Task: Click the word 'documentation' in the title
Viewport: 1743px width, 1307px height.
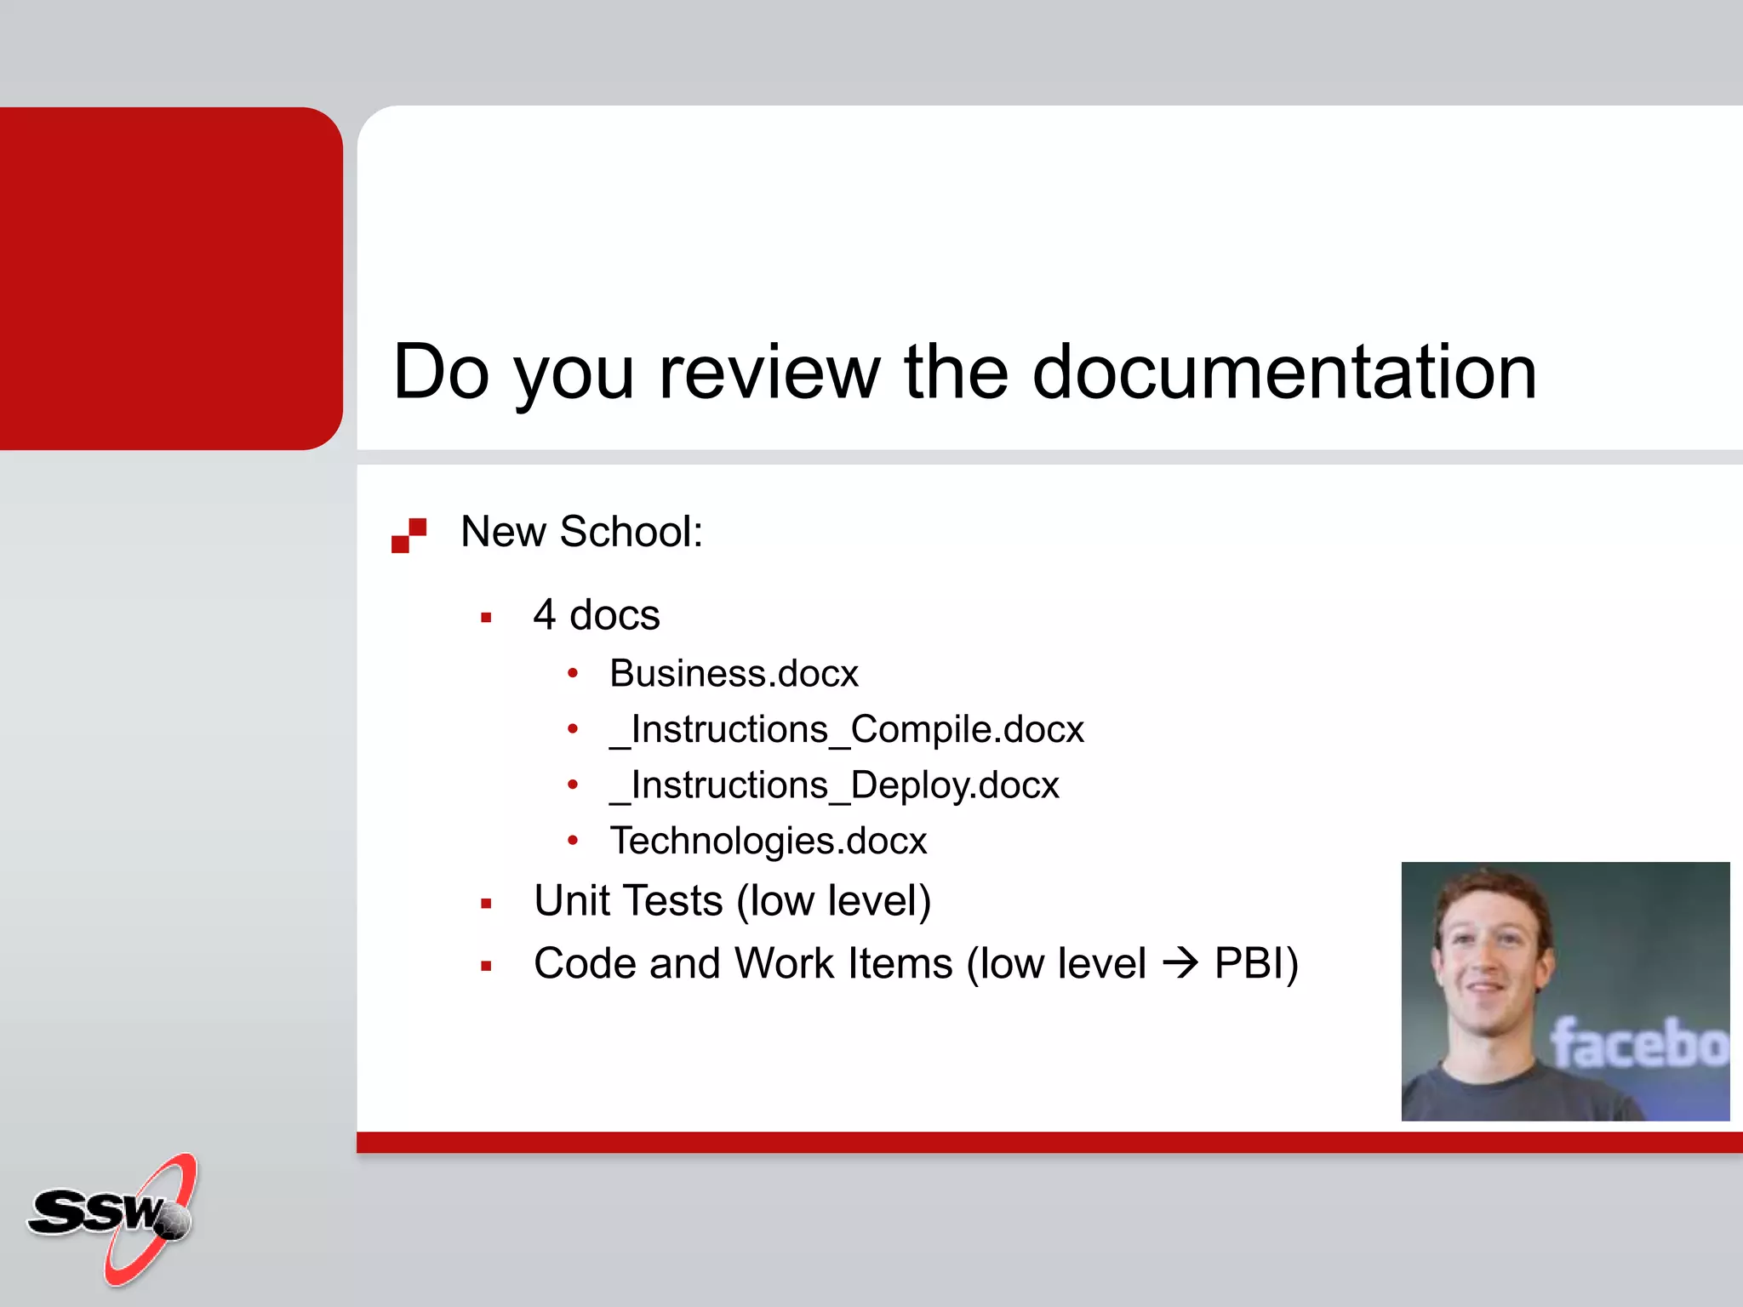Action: coord(1284,372)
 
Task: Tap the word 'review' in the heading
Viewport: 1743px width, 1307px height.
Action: coord(769,372)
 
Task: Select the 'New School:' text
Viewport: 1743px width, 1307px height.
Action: coord(581,532)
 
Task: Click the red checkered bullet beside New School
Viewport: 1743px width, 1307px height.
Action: coord(409,535)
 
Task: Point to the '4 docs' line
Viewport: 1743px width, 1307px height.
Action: coord(596,614)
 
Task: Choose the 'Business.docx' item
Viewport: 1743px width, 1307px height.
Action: coord(734,674)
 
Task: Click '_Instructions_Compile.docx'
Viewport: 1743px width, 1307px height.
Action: coord(847,729)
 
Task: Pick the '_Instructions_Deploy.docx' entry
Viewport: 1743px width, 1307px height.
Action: coord(834,785)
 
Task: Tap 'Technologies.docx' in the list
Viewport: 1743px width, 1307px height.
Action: coord(768,841)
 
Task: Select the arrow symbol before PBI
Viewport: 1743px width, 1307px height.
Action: coord(1180,964)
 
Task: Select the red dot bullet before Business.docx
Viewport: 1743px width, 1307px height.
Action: coord(573,674)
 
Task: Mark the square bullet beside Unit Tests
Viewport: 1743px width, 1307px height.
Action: coord(486,904)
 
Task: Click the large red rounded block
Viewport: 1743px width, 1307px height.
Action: coord(170,278)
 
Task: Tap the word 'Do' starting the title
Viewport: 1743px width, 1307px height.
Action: coord(442,372)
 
